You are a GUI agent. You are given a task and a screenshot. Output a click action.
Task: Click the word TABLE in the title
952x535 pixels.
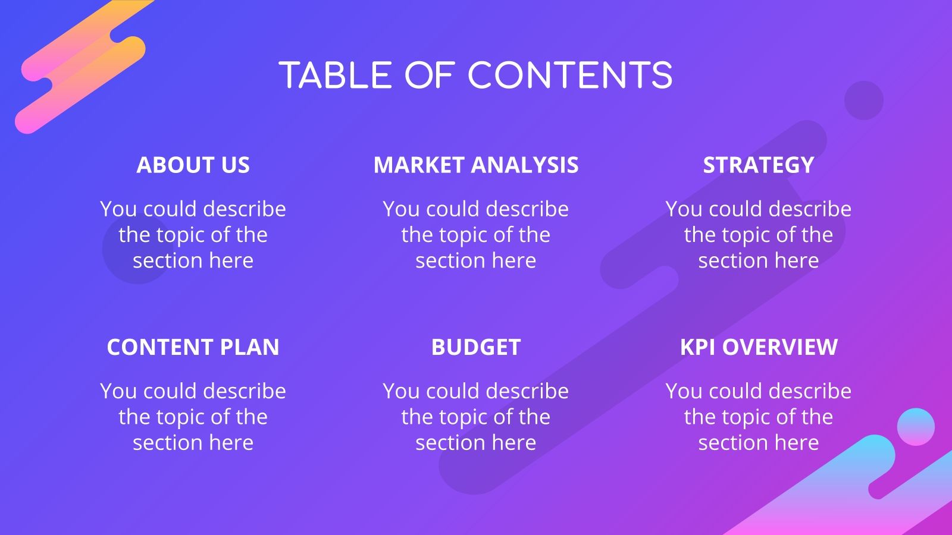click(x=335, y=76)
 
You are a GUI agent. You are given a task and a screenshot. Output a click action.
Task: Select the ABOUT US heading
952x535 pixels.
click(x=193, y=165)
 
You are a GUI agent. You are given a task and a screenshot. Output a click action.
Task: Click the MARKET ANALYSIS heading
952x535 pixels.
click(x=475, y=165)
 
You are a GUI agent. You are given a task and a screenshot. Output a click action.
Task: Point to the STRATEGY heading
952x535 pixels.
click(x=758, y=165)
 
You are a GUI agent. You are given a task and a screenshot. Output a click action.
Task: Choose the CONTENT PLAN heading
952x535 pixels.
click(x=193, y=347)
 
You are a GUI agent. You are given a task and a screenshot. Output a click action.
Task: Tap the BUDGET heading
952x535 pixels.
click(x=475, y=347)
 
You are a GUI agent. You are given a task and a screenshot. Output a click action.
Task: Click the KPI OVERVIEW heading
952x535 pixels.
click(x=758, y=347)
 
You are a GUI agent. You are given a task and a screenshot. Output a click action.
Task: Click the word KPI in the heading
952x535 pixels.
click(x=698, y=347)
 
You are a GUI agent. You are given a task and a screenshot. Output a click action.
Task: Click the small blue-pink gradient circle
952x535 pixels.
click(x=916, y=426)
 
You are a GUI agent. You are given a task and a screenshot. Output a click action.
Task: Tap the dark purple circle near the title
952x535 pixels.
click(x=863, y=100)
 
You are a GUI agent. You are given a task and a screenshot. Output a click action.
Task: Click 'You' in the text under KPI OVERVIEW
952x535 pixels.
click(x=684, y=391)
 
